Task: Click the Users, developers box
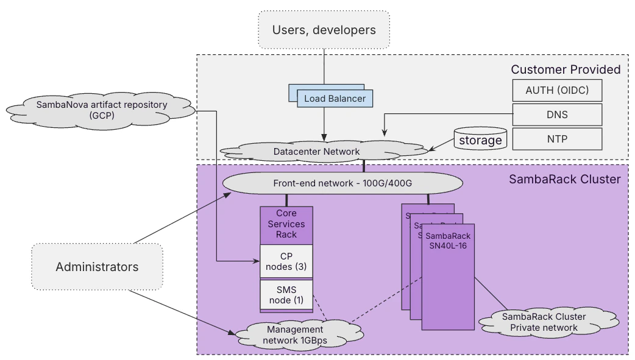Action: tap(324, 29)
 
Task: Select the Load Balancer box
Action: tap(335, 98)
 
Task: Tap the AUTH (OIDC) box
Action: tap(556, 91)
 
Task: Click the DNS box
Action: tap(556, 115)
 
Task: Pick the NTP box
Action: tap(556, 139)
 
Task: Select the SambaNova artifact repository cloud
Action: tap(101, 110)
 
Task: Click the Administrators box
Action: tap(97, 267)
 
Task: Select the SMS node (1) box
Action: tap(286, 294)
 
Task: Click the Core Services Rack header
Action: tap(286, 224)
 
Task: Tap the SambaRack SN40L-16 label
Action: tap(448, 240)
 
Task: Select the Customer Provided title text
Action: tap(565, 69)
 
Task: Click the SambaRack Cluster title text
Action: tap(564, 179)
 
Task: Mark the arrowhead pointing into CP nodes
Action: tap(256, 262)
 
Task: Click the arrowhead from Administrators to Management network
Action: tap(232, 334)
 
